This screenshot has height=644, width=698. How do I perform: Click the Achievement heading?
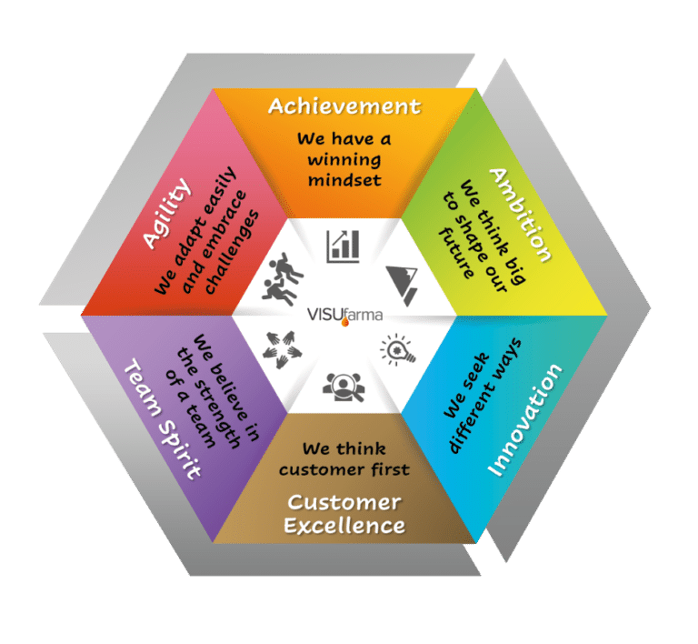344,106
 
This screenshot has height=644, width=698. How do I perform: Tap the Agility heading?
167,213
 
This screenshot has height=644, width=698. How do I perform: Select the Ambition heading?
520,215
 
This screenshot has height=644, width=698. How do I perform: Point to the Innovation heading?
524,420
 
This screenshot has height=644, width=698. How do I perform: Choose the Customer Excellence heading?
344,514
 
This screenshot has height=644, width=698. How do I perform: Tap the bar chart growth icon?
344,244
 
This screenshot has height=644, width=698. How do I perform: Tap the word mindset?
344,179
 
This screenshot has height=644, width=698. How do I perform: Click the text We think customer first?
344,459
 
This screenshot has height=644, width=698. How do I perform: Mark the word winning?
344,159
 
